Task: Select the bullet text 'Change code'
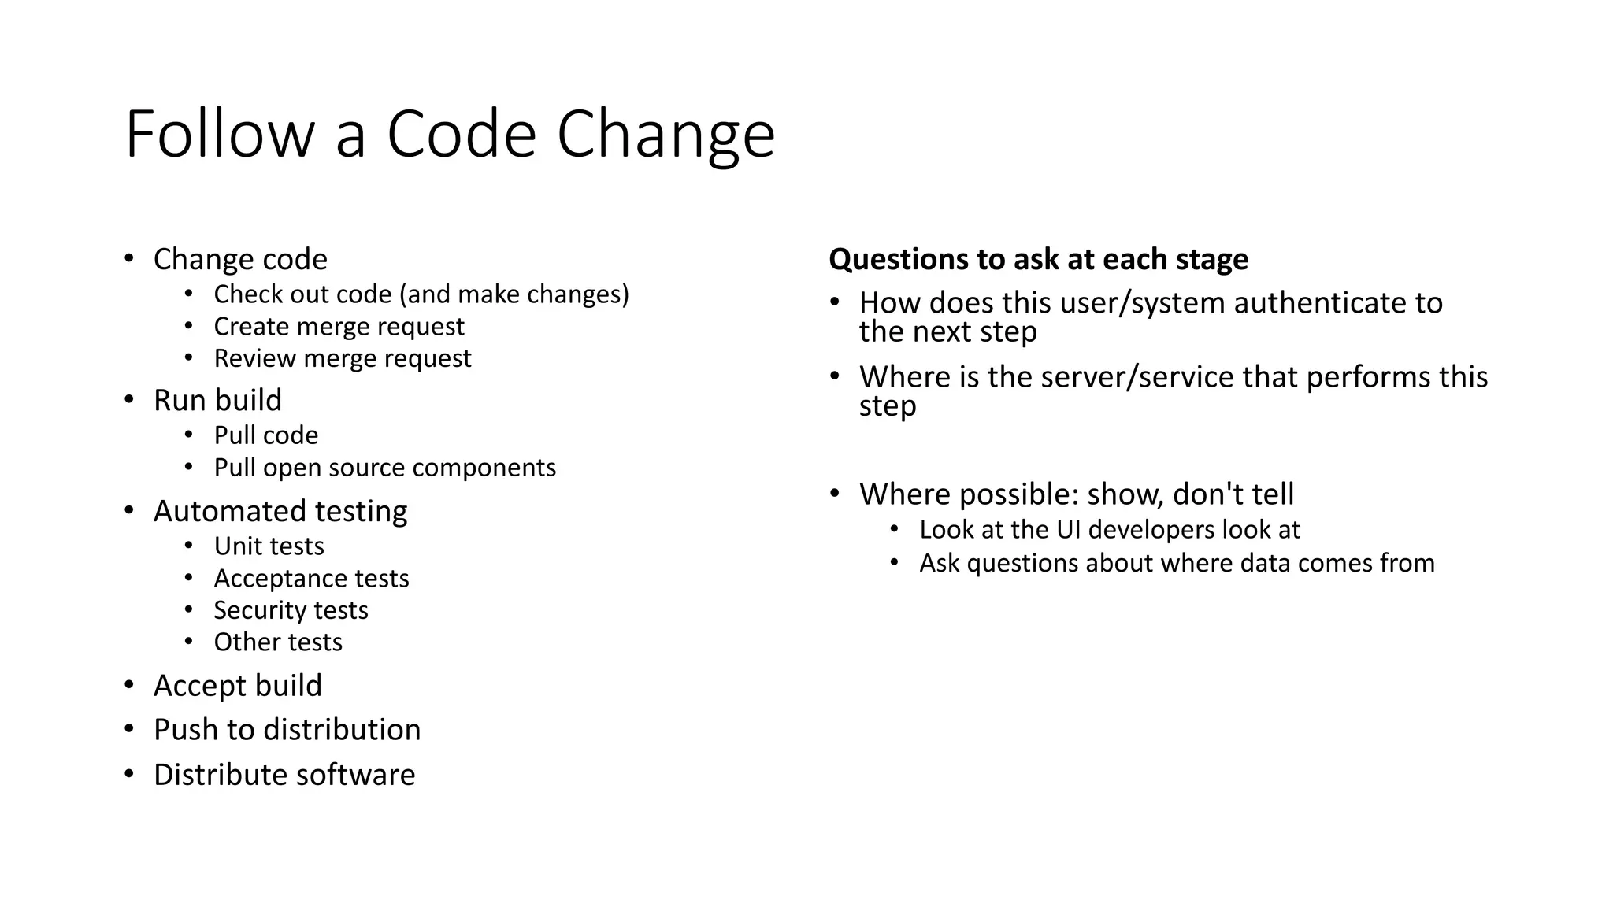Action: coord(240,259)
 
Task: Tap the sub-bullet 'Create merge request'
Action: coord(339,326)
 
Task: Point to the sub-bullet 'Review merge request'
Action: coord(342,358)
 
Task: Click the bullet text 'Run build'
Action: coord(217,400)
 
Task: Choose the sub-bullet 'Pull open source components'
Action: coord(384,468)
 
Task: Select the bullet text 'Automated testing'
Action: coord(280,511)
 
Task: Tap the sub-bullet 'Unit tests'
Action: coord(269,546)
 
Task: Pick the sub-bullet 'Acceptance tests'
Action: coord(311,579)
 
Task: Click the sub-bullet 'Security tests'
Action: coord(291,610)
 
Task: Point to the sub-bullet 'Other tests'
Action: coord(278,642)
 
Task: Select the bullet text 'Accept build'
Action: coord(238,686)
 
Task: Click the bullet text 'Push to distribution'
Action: coord(287,730)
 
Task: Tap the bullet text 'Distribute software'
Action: coord(284,775)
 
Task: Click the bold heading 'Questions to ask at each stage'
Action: coord(1038,259)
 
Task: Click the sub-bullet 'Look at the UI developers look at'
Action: coord(1109,530)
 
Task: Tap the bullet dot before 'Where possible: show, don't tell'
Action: coord(835,494)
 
